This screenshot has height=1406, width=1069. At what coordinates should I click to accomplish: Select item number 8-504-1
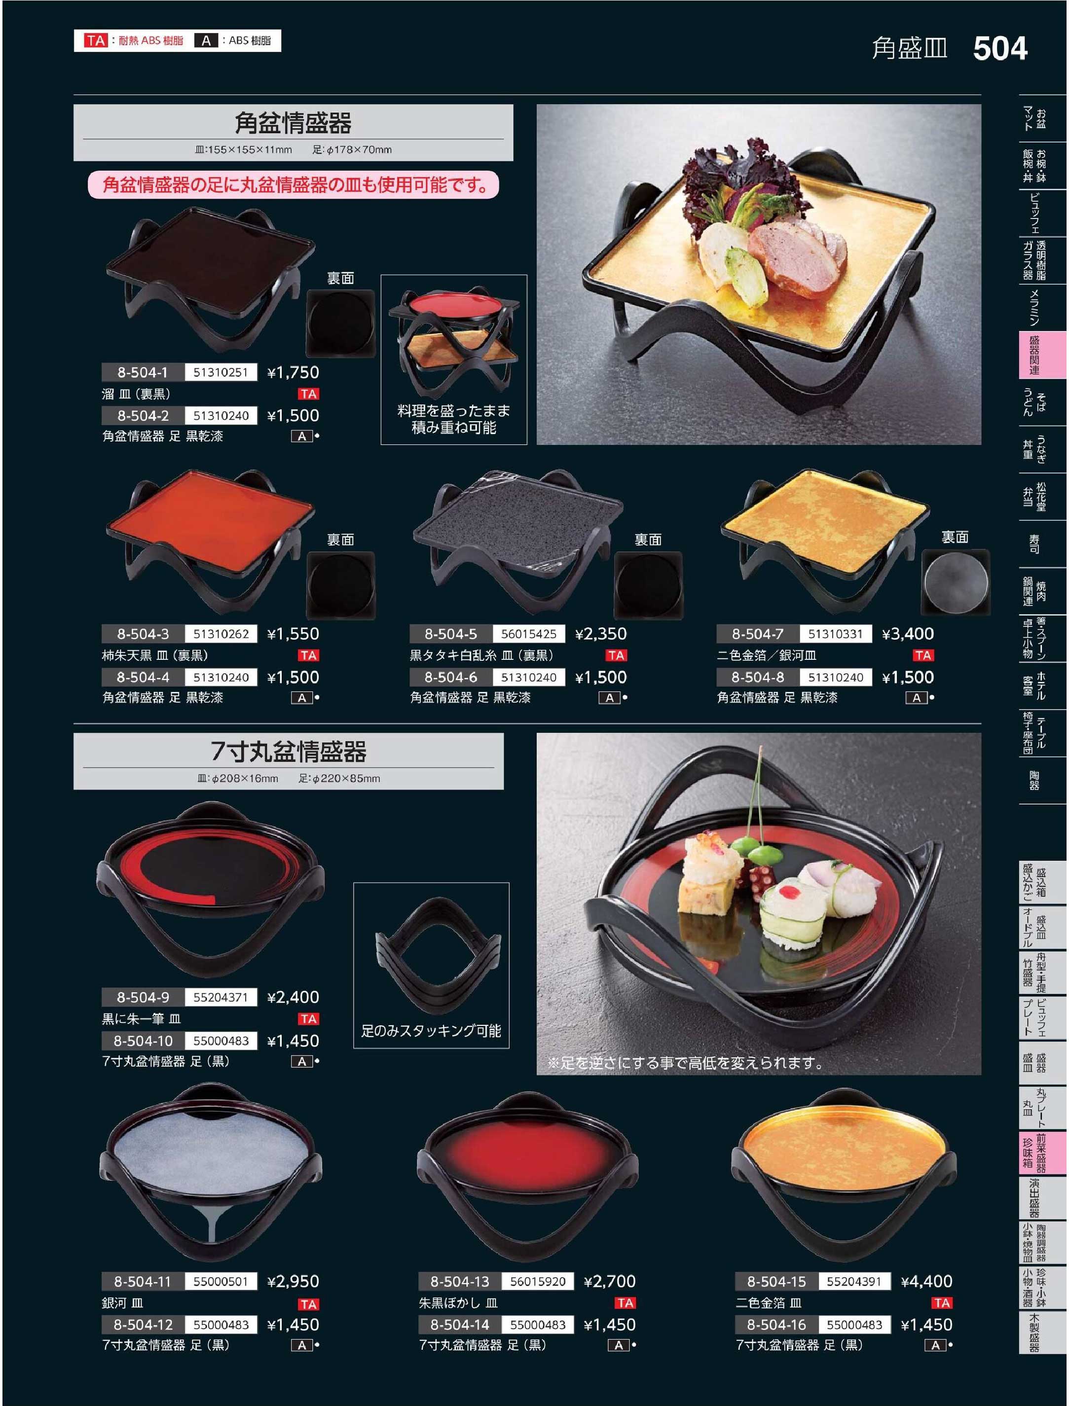(x=143, y=372)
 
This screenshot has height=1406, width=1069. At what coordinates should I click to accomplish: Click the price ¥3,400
(x=908, y=634)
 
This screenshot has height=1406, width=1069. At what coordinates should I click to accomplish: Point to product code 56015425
(x=528, y=634)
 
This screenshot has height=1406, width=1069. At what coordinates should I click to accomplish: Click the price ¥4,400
(x=926, y=1281)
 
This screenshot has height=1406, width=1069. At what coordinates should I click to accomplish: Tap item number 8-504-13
(x=459, y=1281)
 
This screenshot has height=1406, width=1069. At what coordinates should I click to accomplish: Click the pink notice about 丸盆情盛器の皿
(x=294, y=185)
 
